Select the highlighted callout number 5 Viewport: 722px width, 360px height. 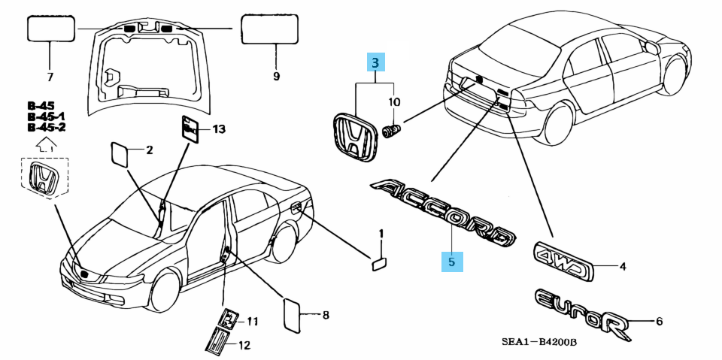451,262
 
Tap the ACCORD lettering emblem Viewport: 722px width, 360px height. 444,212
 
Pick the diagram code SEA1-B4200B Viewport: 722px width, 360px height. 538,343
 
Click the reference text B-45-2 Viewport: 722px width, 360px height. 46,128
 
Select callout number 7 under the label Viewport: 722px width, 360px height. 50,77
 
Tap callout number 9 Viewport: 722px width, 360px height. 275,77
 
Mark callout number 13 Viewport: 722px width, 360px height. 219,129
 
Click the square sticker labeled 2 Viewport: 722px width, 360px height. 121,153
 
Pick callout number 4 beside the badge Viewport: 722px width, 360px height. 623,265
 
